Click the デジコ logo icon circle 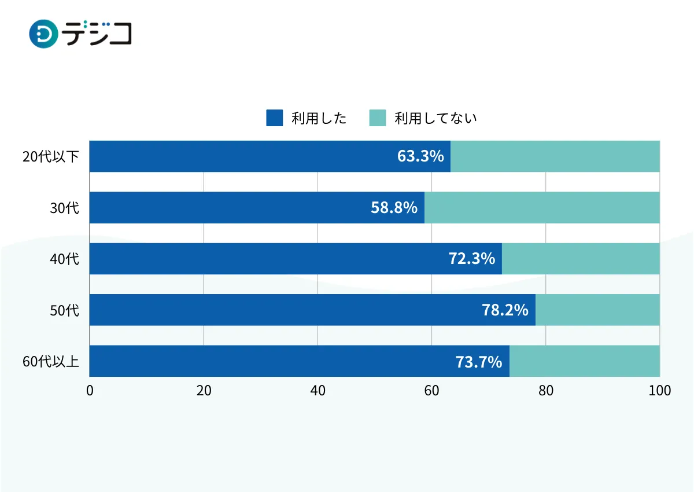pos(44,34)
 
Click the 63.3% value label pos(420,156)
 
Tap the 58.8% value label pos(394,208)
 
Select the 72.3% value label pos(472,259)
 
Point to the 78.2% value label pos(505,310)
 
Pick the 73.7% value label pos(479,362)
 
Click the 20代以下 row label pos(51,156)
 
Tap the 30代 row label pos(64,208)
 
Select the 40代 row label pos(64,259)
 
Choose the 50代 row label pos(64,310)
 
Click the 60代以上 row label pos(51,362)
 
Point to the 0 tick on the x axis pos(90,391)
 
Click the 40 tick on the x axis pos(318,391)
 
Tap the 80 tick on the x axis pos(546,391)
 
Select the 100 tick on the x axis pos(659,391)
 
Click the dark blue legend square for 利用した pos(274,118)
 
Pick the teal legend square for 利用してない pos(377,118)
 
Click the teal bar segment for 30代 pos(542,208)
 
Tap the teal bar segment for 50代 pos(597,310)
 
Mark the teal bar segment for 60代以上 pos(585,362)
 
